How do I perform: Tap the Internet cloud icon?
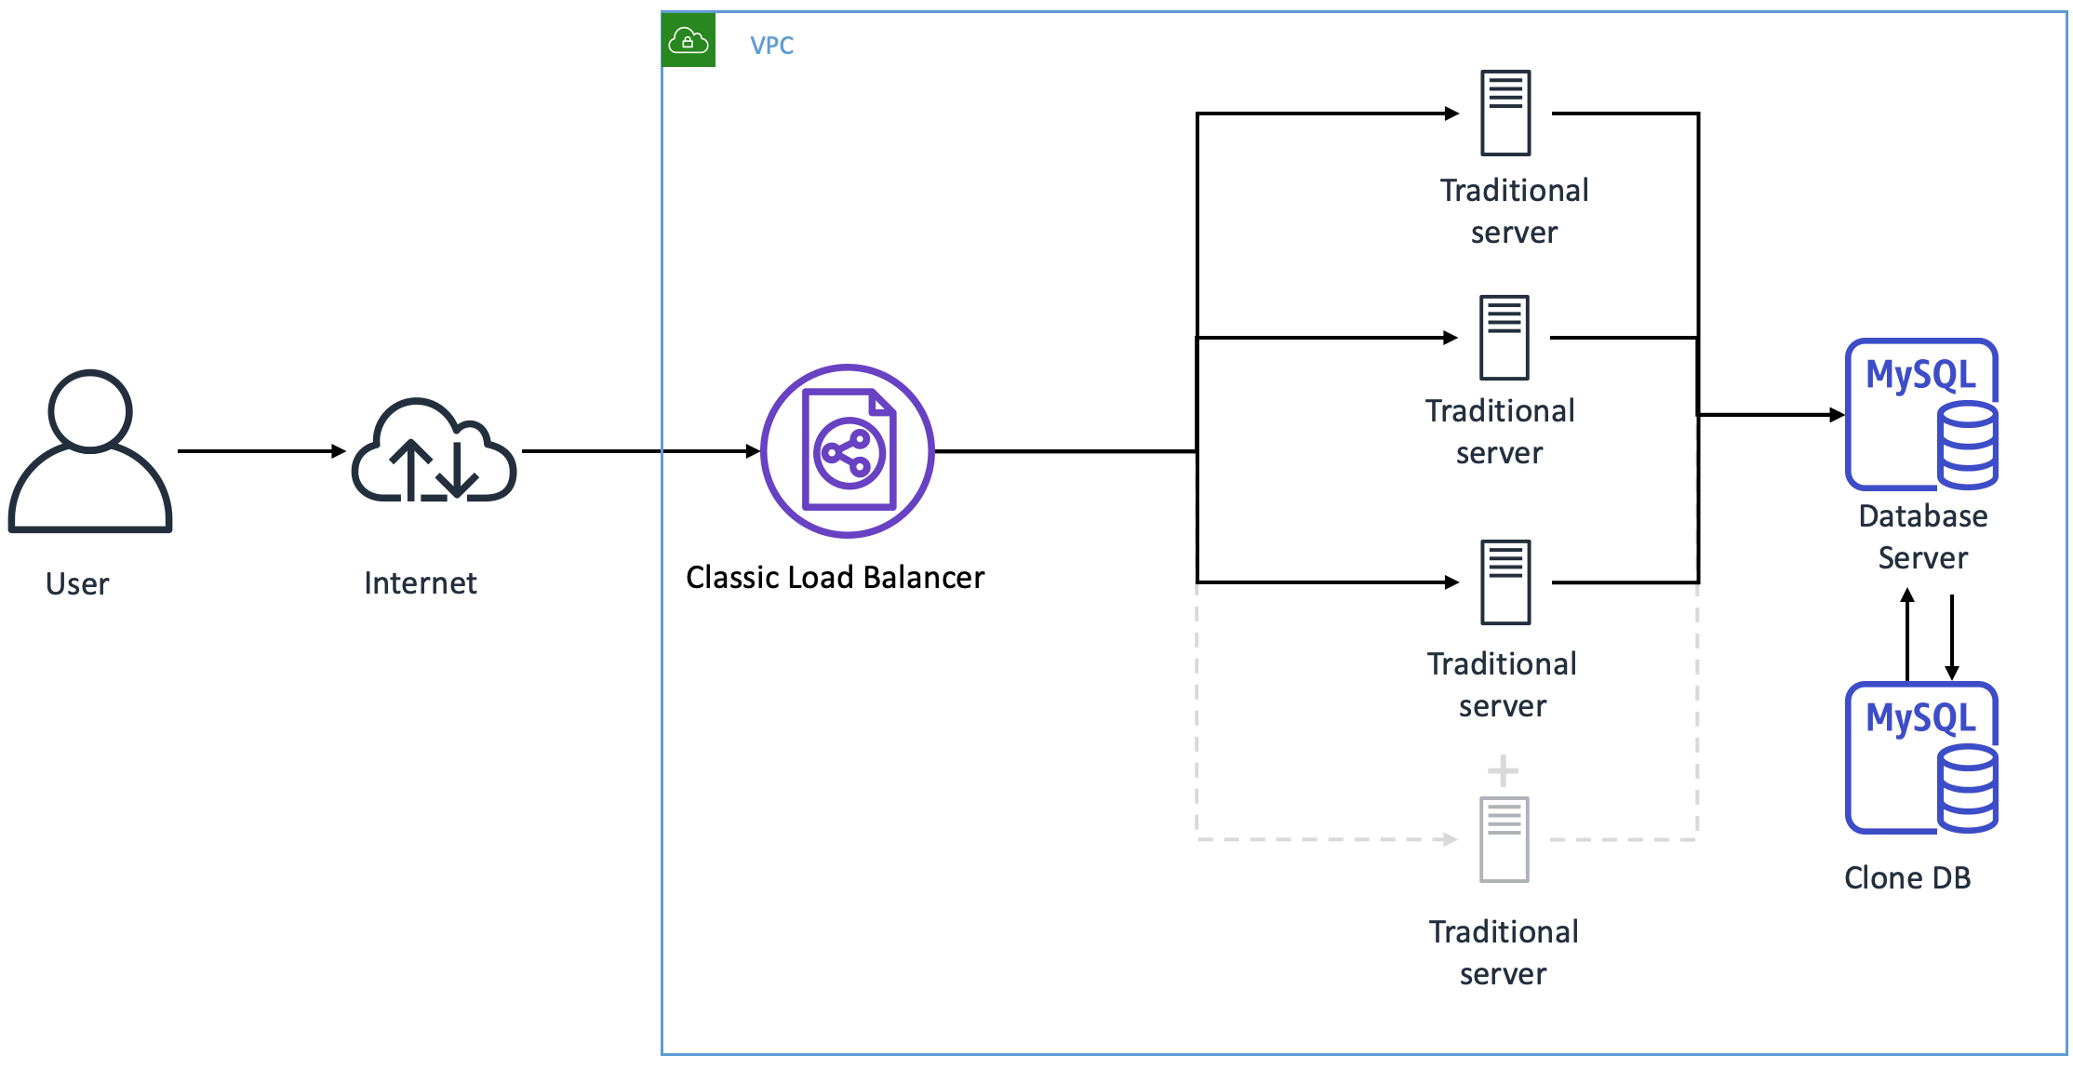[x=434, y=451]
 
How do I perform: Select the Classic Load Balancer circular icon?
[x=848, y=451]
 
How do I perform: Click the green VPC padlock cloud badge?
[x=689, y=40]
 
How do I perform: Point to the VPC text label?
[x=771, y=46]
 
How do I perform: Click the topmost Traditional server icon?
[x=1505, y=113]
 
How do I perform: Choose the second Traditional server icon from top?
[x=1504, y=337]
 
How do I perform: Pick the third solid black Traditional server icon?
[x=1505, y=581]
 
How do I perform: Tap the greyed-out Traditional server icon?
[x=1505, y=839]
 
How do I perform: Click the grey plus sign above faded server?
[x=1503, y=770]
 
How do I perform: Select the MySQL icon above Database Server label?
[x=1921, y=414]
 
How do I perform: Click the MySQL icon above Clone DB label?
[x=1921, y=757]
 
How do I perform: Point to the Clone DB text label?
[x=1907, y=877]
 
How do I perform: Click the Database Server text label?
[x=1922, y=537]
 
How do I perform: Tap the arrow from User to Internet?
[x=261, y=451]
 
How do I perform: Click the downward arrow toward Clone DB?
[x=1952, y=637]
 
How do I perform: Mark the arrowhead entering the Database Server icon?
[x=1837, y=415]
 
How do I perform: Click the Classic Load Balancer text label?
[x=835, y=578]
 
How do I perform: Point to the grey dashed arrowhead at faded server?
[x=1450, y=839]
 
